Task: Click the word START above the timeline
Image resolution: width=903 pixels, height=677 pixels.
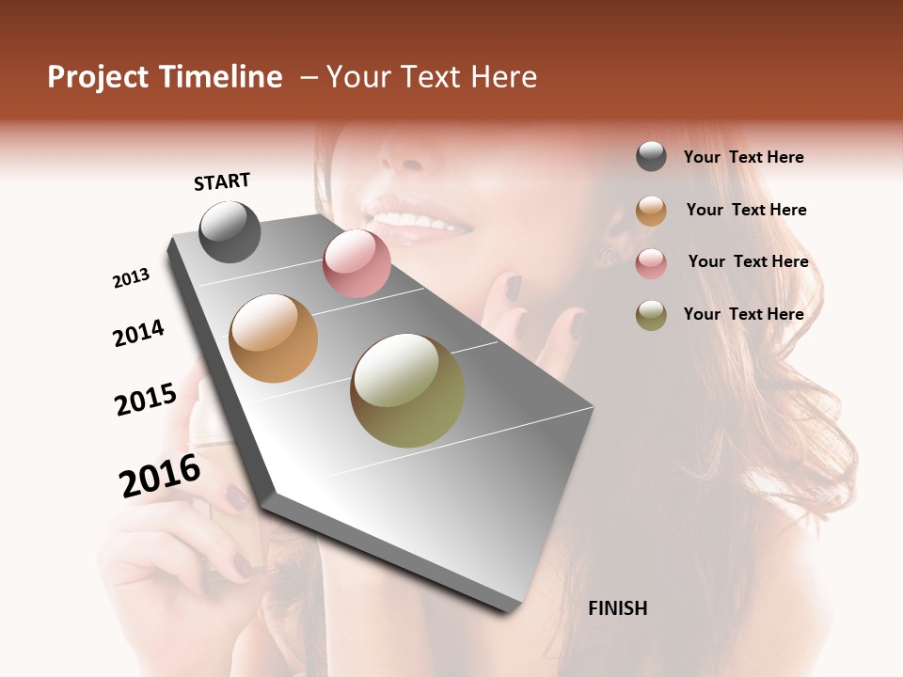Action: (x=222, y=181)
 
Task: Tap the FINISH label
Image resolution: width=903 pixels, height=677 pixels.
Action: (x=618, y=608)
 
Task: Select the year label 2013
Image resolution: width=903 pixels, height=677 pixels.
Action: (x=131, y=278)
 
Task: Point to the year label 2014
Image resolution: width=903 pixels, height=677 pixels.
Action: (x=138, y=333)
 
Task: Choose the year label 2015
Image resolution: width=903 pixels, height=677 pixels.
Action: (x=146, y=400)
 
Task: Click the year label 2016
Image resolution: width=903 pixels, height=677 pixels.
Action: (x=160, y=476)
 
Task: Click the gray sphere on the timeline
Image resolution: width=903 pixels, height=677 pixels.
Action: (x=230, y=231)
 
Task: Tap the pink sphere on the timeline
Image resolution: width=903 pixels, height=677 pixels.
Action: (x=356, y=263)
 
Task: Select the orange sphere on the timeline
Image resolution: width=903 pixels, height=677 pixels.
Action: (x=273, y=338)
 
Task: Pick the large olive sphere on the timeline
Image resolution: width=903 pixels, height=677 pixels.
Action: (x=407, y=390)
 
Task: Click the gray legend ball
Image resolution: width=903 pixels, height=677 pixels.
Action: (x=651, y=157)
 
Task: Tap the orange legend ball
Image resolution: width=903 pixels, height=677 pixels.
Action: (x=651, y=211)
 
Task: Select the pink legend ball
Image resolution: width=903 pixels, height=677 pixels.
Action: (x=651, y=263)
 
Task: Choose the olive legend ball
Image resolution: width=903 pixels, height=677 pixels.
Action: (x=651, y=315)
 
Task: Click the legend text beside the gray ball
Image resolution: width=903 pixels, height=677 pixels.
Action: (x=743, y=157)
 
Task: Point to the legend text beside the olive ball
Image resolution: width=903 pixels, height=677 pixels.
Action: (x=743, y=314)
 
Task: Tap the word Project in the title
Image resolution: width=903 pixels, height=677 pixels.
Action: (x=99, y=77)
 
